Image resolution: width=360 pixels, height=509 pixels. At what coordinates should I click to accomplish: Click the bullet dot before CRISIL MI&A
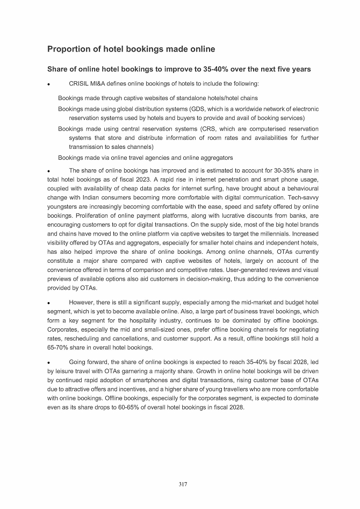click(49, 84)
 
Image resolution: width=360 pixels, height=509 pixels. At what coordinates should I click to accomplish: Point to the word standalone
click(191, 98)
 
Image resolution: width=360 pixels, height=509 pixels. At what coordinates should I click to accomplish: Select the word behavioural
click(300, 189)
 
